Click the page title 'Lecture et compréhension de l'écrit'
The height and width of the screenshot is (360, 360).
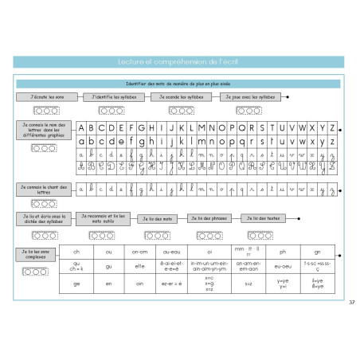pyautogui.click(x=179, y=61)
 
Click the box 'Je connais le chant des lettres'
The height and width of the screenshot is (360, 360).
pyautogui.click(x=42, y=189)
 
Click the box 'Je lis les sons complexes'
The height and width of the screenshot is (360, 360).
pyautogui.click(x=34, y=254)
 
